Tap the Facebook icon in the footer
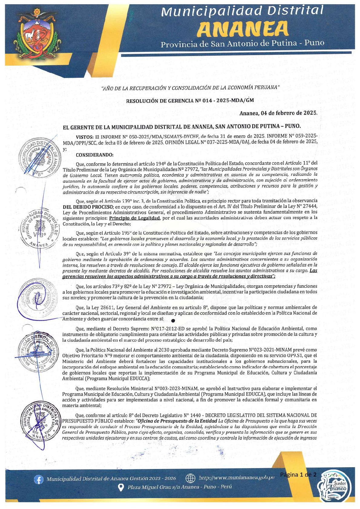tap(38, 480)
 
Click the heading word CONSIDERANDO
tap(94, 155)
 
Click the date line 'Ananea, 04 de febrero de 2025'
tap(278, 113)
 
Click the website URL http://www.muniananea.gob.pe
tap(236, 478)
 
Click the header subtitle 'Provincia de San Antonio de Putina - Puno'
tap(242, 44)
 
